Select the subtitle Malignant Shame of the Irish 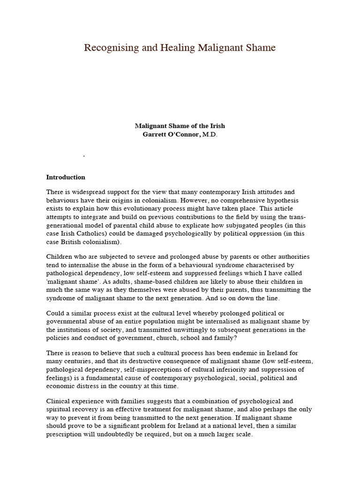180,126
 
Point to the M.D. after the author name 210,135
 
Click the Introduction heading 66,177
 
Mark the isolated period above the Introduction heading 84,156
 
